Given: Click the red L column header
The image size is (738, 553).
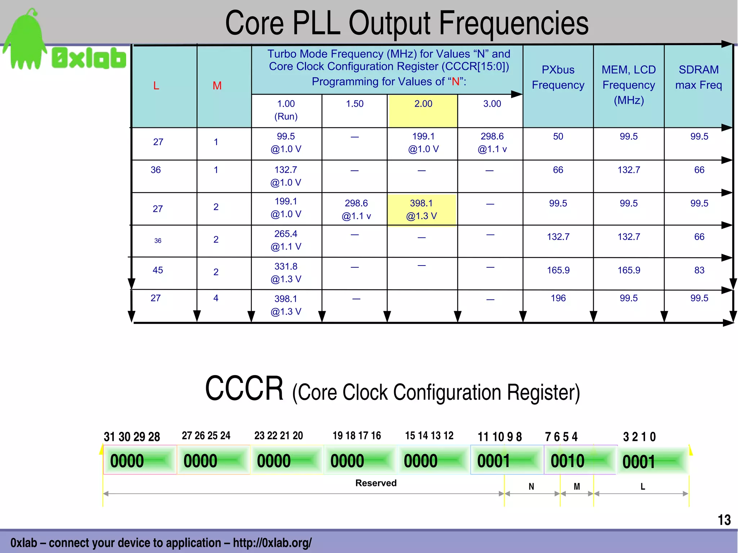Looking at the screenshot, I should (x=156, y=86).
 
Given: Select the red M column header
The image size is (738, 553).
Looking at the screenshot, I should (x=217, y=86).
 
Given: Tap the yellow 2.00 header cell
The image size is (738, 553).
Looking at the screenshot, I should (x=423, y=110).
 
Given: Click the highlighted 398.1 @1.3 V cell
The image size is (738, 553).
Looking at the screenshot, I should (x=421, y=210).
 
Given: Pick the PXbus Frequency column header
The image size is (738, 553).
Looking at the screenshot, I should (x=558, y=77).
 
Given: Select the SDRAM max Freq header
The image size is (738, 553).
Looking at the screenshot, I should (x=698, y=77).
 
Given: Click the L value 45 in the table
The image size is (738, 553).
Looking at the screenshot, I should (x=158, y=270).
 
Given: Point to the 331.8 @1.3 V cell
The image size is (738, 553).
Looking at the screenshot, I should (x=286, y=273).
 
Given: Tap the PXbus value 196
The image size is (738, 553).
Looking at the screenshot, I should (x=558, y=298).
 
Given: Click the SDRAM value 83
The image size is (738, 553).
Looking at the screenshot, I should (x=699, y=270).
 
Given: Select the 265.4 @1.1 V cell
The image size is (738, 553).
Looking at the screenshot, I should (x=286, y=240).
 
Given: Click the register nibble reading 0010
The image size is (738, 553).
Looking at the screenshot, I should (x=568, y=461).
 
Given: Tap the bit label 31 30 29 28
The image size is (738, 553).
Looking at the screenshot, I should (x=132, y=437).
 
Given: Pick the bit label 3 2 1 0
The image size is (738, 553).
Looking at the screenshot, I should (x=639, y=437).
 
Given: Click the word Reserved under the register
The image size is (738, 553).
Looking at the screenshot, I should (x=376, y=483).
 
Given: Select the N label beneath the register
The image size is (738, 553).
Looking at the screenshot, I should (x=531, y=487).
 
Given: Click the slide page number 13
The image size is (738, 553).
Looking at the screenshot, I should (x=724, y=520).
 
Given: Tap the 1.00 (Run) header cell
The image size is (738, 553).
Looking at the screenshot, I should (x=286, y=110).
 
